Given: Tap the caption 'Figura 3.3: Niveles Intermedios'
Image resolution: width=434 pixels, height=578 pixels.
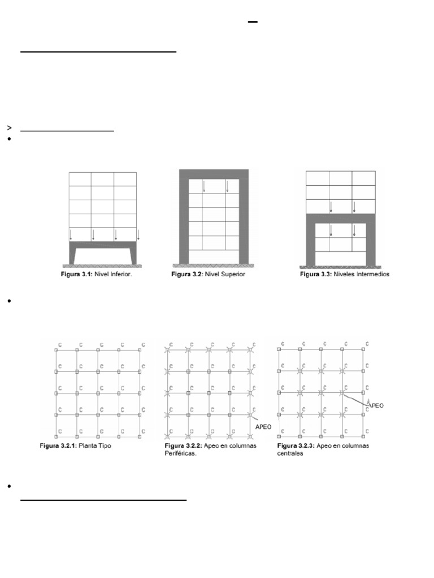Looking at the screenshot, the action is (344, 275).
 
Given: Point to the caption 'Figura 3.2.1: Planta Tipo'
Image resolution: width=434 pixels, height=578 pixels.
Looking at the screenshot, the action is (77, 446).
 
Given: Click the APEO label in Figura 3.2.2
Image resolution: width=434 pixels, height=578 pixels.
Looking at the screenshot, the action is (263, 427).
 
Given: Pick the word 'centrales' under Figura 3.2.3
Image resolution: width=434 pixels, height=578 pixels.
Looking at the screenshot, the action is (290, 453).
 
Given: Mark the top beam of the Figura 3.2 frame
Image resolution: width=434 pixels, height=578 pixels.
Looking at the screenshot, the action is (214, 174).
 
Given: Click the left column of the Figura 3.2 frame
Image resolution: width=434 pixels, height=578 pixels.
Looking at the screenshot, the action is (183, 220).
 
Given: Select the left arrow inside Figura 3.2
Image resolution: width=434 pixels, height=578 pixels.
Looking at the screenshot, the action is (203, 186).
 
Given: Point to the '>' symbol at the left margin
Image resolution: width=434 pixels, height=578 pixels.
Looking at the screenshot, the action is (10, 128).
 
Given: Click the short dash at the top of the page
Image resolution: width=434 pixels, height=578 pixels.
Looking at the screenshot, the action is (253, 22).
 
